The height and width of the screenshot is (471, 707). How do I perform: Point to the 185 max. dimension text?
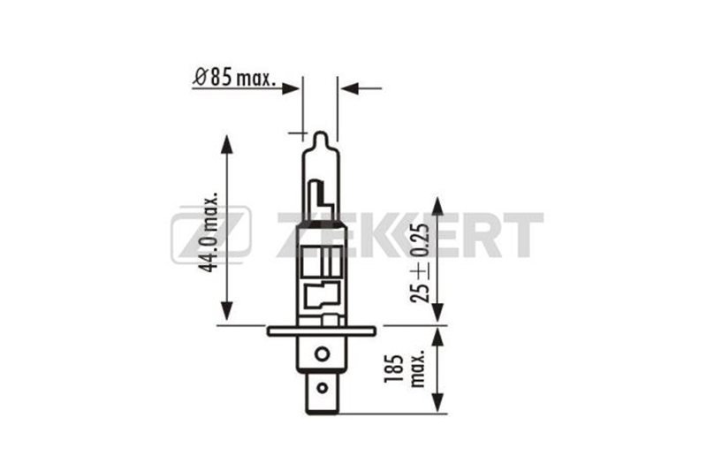(405, 372)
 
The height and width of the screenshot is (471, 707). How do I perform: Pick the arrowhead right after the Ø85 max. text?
(293, 87)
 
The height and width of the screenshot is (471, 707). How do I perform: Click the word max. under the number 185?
(417, 371)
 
